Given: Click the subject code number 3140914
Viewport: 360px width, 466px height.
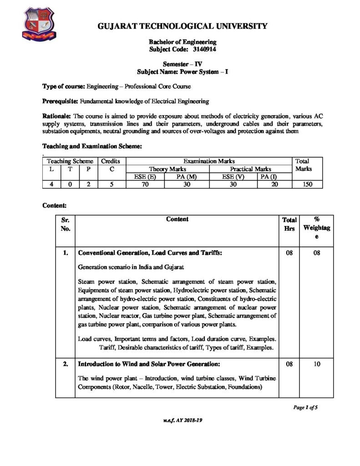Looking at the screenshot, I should coord(197,49).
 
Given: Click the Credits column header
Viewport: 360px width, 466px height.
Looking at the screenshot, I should coord(110,161).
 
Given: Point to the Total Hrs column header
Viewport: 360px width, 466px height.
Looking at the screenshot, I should coord(289,224).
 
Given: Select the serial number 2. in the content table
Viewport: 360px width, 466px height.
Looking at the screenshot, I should coord(65,365).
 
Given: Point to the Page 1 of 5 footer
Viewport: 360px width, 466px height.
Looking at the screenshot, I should coord(304,407).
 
